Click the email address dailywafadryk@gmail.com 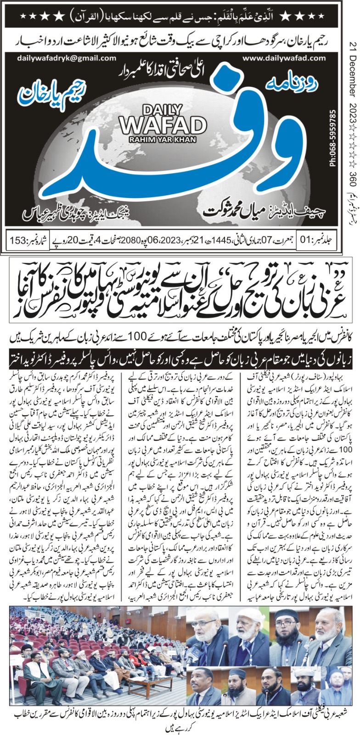(67, 58)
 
